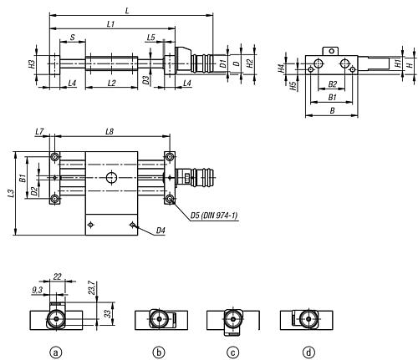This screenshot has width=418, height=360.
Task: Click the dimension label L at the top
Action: tap(127, 11)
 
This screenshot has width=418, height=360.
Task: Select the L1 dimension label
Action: tap(110, 24)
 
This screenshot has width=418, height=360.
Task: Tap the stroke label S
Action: tap(72, 38)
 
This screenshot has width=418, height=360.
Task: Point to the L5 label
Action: tap(151, 38)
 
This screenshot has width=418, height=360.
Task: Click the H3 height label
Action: tap(32, 64)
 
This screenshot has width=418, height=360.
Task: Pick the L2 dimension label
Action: tap(111, 83)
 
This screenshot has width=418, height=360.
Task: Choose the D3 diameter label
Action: tap(145, 80)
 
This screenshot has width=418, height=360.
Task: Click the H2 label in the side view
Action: tap(250, 63)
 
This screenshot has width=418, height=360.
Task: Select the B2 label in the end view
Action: tap(332, 84)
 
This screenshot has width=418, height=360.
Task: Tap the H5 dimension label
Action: tap(293, 86)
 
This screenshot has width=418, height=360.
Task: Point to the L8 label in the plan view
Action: tap(110, 131)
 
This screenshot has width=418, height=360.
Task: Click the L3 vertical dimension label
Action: tap(11, 194)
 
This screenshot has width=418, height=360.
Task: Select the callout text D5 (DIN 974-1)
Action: tap(214, 215)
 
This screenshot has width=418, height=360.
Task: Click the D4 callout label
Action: tap(161, 231)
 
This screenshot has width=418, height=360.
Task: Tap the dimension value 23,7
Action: tap(93, 288)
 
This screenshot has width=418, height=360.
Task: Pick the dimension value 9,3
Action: tap(37, 290)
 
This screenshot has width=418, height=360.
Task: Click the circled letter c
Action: tap(232, 352)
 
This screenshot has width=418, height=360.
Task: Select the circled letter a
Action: tap(56, 352)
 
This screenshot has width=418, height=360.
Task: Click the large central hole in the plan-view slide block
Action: tap(111, 177)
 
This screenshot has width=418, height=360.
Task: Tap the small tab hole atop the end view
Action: tap(331, 51)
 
